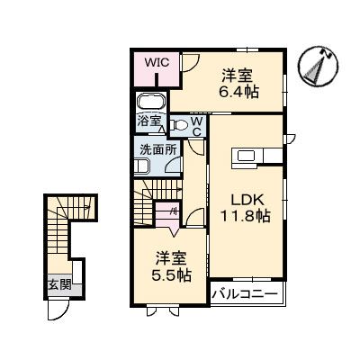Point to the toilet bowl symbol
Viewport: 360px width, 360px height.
pyautogui.click(x=178, y=125)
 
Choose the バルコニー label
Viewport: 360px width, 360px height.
pyautogui.click(x=246, y=293)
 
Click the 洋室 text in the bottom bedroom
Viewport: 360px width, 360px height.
pyautogui.click(x=171, y=256)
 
